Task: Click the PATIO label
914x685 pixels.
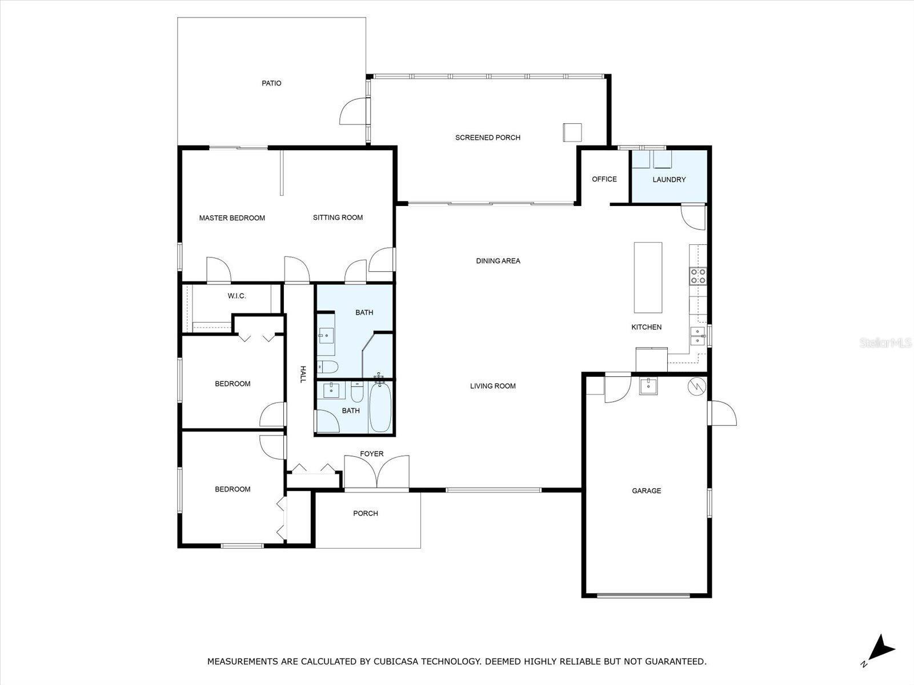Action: tap(271, 83)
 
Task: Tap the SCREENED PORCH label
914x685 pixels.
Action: tap(488, 138)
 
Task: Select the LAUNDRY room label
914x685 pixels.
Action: tap(669, 180)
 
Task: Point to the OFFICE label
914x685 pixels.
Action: tap(604, 179)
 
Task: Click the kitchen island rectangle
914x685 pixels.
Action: tap(648, 277)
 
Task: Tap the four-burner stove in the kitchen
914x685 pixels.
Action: tap(698, 276)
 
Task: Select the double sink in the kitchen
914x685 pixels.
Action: tap(698, 336)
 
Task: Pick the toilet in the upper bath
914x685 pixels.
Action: tap(328, 367)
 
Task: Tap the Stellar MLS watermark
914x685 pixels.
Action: tap(885, 342)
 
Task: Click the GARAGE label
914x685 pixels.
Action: tap(646, 491)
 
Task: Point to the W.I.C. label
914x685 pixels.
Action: tap(236, 296)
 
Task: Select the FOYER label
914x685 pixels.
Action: tap(371, 454)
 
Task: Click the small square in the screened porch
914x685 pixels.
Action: tap(572, 132)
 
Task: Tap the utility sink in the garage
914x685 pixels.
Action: tap(648, 386)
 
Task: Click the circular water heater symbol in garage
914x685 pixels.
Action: tap(696, 387)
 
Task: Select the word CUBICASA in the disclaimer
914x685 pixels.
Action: tap(396, 661)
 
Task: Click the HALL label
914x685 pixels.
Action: tap(303, 374)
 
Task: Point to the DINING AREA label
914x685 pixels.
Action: tap(498, 261)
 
